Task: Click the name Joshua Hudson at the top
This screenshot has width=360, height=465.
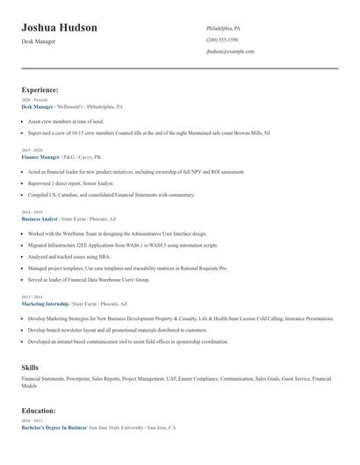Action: coord(59,28)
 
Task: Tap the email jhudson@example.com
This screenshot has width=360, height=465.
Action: coord(230,52)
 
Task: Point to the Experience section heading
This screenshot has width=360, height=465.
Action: coord(40,89)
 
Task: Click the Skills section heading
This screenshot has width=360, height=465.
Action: coord(30,367)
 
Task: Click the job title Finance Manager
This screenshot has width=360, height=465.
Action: coord(40,157)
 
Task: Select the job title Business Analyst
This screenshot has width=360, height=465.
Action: coord(40,218)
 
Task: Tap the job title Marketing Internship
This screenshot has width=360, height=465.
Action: coord(45,303)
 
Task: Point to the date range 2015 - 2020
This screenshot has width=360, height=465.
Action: coord(31,151)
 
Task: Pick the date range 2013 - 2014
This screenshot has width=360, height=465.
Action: coord(31,297)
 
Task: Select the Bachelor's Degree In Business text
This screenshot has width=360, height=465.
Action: coord(54,427)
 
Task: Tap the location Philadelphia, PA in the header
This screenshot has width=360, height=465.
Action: coord(223,28)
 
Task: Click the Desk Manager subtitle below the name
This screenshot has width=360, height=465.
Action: coord(40,42)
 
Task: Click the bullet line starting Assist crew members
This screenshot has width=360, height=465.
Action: coord(66,121)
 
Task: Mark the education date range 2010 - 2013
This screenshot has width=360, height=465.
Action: coord(31,421)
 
